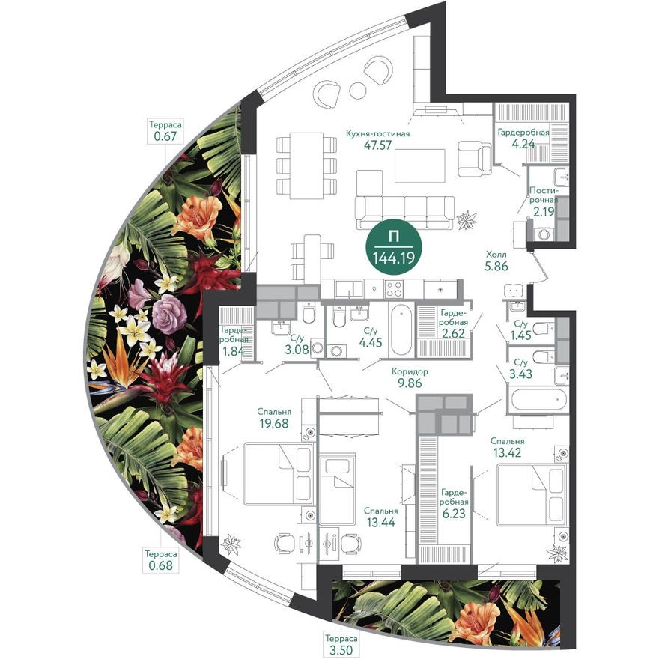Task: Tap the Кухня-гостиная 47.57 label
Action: (x=378, y=139)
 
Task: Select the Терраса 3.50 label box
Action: (x=340, y=643)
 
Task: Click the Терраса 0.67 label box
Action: (x=165, y=131)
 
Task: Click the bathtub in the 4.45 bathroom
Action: (x=401, y=330)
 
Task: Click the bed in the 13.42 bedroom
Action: (x=532, y=494)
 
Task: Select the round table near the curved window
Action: (x=358, y=90)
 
